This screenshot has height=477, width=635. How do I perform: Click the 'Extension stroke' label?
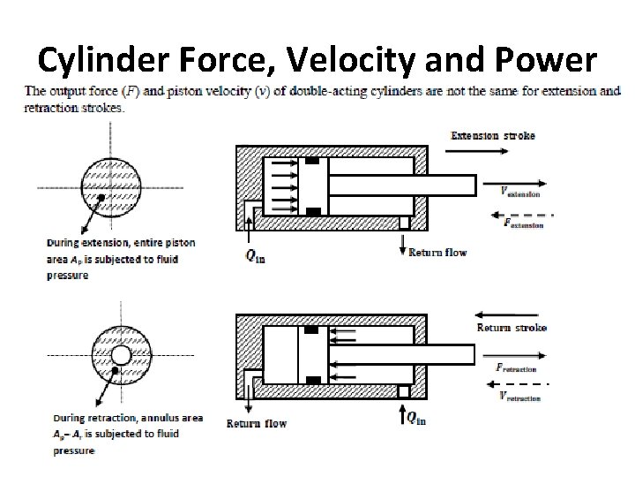493,136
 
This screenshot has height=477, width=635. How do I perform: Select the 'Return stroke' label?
512,328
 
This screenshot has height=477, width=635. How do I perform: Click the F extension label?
520,224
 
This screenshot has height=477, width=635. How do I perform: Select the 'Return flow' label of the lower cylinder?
257,423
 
